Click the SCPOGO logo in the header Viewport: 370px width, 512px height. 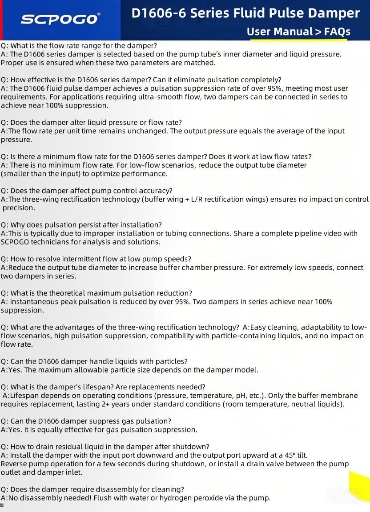(60, 19)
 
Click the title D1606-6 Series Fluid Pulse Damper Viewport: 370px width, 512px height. (245, 13)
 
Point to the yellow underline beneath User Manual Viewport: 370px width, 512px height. (298, 40)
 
